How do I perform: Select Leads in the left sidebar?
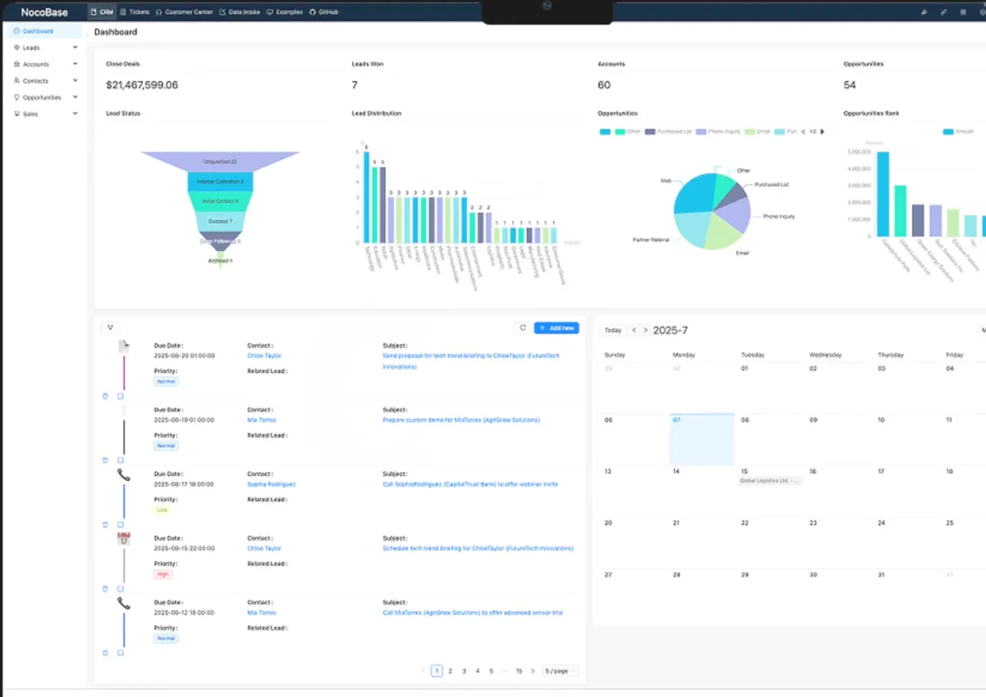pos(31,48)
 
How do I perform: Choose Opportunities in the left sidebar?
pos(41,98)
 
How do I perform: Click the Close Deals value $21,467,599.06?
pos(142,85)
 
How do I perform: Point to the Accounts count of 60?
pos(604,85)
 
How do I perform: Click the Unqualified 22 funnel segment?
pos(219,161)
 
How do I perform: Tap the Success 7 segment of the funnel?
pos(219,221)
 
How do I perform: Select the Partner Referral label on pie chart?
pos(651,239)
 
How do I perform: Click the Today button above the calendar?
pos(613,330)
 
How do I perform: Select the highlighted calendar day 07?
pos(701,439)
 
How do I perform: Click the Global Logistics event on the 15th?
pos(769,481)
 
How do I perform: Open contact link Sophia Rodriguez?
pos(271,484)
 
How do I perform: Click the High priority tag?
pos(163,574)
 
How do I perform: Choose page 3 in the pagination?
pos(464,671)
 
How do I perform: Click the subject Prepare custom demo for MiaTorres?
pos(461,420)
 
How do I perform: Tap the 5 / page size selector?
pos(559,671)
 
